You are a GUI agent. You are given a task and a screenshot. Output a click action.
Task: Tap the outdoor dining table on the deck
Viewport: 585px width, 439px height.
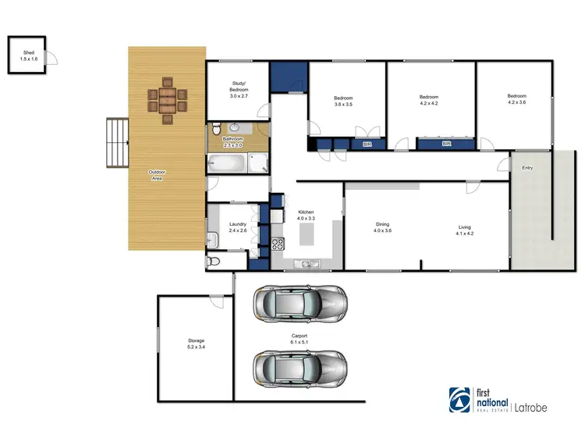[168, 100]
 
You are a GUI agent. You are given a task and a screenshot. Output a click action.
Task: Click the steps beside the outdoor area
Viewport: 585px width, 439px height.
[117, 142]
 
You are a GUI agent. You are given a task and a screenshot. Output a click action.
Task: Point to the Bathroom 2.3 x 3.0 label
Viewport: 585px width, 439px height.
[233, 142]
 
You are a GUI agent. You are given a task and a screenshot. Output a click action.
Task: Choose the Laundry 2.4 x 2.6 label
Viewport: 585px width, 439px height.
[238, 227]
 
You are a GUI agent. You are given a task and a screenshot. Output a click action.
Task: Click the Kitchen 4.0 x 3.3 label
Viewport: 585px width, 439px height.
[306, 215]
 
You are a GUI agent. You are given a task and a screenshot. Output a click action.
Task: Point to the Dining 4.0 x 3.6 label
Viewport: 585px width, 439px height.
[381, 227]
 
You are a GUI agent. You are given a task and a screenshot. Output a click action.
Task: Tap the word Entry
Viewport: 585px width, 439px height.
[528, 167]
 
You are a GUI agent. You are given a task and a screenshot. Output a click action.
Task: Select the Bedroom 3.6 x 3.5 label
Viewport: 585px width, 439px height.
[343, 101]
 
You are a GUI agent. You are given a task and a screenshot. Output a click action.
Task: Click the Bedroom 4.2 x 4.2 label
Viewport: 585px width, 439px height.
[430, 101]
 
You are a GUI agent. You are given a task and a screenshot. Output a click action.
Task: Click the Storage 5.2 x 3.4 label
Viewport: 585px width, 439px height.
[195, 343]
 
